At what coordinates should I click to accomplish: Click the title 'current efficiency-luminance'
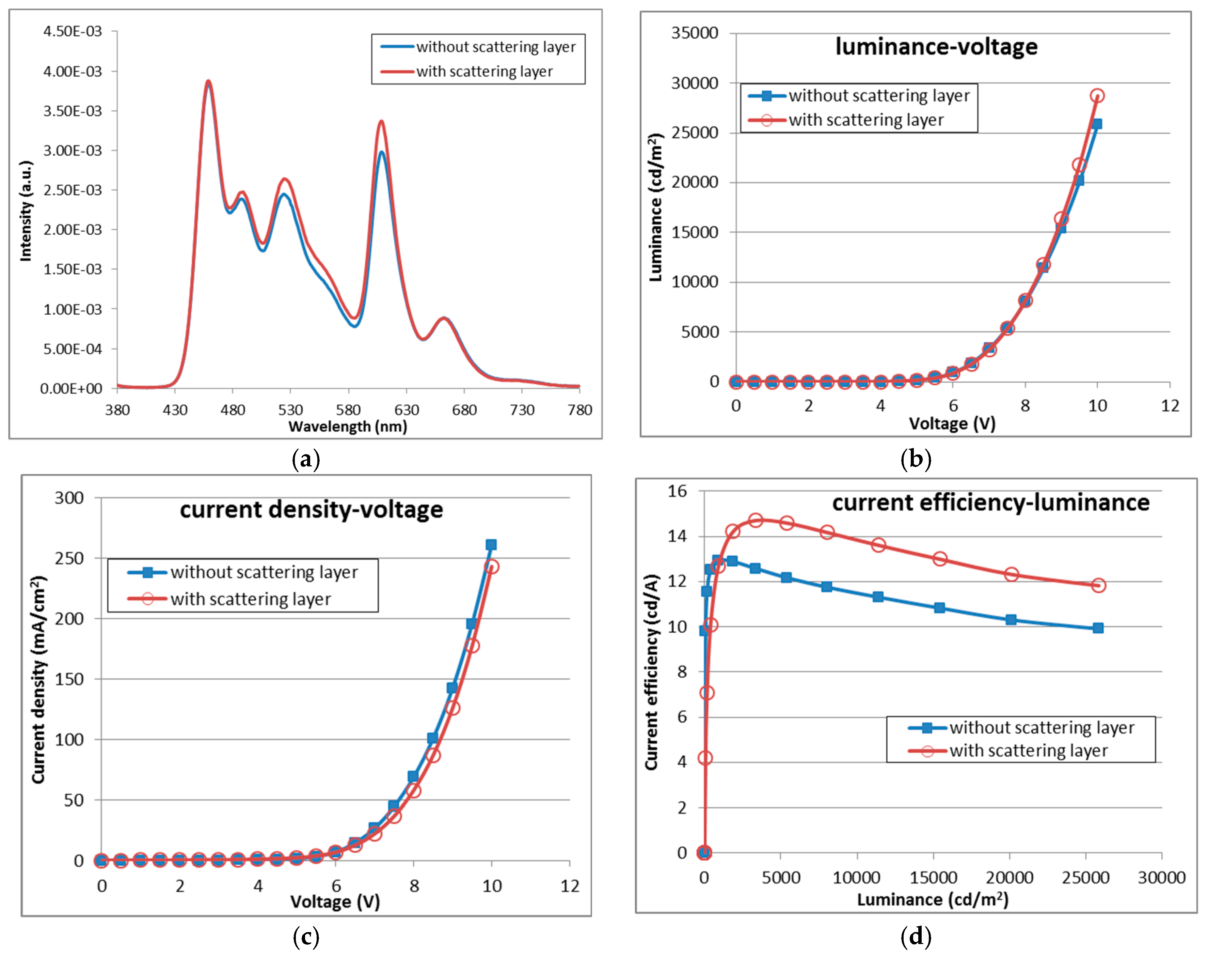[990, 502]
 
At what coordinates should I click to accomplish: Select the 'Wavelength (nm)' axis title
[347, 427]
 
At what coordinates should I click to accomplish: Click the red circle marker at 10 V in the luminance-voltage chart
[1097, 96]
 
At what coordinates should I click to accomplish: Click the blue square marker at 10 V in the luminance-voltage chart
[1097, 124]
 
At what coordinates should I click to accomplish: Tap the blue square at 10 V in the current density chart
[491, 545]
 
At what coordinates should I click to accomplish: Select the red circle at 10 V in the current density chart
[491, 567]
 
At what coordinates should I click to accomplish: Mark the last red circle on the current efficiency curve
[1098, 585]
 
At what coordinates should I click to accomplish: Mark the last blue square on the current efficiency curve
[1098, 628]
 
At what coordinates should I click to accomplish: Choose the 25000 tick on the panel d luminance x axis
[1085, 877]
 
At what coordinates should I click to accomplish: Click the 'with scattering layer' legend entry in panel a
[484, 72]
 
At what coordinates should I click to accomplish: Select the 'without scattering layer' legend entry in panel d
[1041, 728]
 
